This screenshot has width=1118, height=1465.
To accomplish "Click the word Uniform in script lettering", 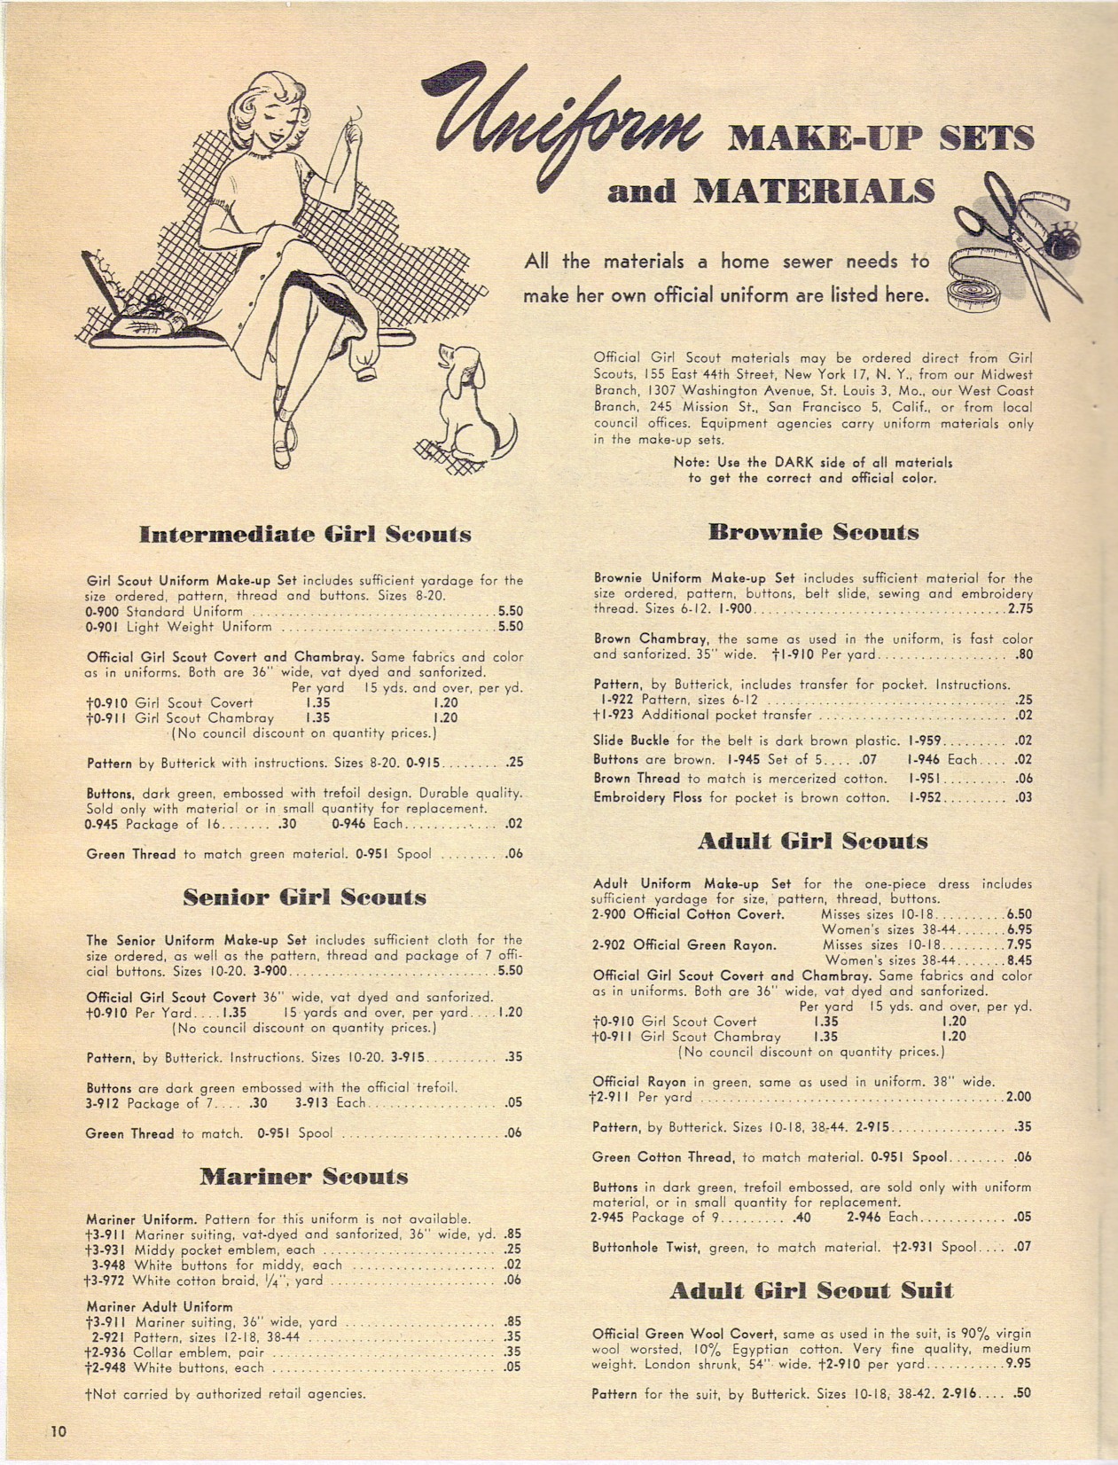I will pyautogui.click(x=567, y=133).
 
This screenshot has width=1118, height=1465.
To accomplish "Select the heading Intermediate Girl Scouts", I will pyautogui.click(x=305, y=535).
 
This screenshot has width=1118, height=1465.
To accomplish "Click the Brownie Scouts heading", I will pyautogui.click(x=812, y=532).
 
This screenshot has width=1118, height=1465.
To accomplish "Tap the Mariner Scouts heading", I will pyautogui.click(x=304, y=1177).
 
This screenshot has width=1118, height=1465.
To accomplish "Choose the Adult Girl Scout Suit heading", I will pyautogui.click(x=811, y=1290).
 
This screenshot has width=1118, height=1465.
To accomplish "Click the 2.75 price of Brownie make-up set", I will pyautogui.click(x=1020, y=609).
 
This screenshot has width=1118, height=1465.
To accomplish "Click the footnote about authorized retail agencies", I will pyautogui.click(x=225, y=1394).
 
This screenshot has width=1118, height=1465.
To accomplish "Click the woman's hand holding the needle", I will pyautogui.click(x=353, y=133).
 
